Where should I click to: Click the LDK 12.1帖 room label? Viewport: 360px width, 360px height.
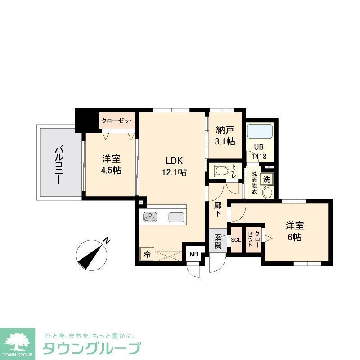click(173, 166)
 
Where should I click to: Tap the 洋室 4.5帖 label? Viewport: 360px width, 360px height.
click(111, 165)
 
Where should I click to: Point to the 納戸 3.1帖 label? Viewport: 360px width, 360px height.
click(225, 136)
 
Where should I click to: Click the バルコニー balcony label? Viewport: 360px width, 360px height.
click(58, 164)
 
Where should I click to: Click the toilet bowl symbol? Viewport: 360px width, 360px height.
click(220, 171)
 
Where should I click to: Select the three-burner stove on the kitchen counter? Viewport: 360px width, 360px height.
click(150, 218)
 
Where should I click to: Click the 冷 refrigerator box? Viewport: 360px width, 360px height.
click(147, 254)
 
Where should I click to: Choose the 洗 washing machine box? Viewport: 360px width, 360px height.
click(267, 179)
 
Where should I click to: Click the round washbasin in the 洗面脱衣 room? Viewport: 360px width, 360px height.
click(267, 193)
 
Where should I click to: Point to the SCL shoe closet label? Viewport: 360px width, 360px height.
click(236, 239)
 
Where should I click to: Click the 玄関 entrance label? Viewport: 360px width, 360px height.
click(218, 241)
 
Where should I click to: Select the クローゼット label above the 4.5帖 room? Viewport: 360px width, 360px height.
click(117, 121)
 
